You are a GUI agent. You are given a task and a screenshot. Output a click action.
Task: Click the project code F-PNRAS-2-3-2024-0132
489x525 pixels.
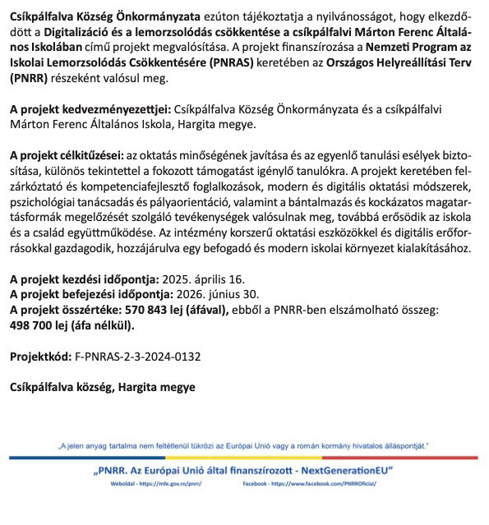click(137, 358)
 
